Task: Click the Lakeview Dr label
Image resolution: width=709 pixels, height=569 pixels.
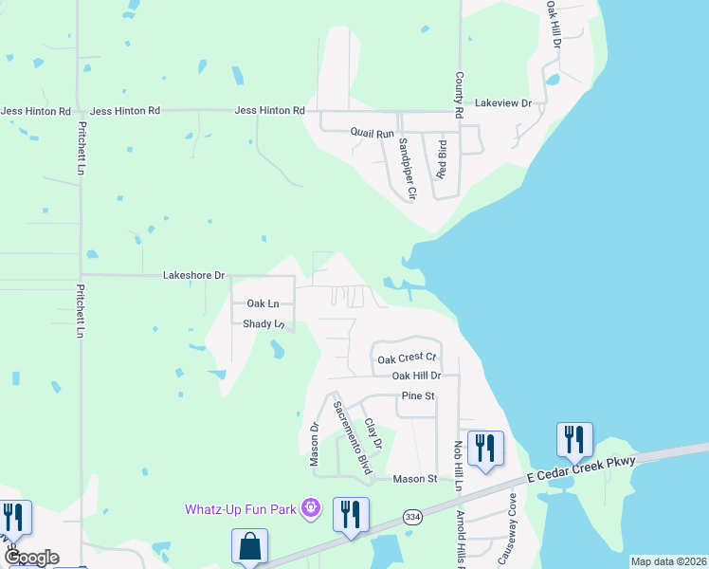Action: (503, 102)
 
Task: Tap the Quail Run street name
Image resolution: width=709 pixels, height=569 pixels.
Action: (372, 134)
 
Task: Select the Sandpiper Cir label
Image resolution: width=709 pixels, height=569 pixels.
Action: (407, 169)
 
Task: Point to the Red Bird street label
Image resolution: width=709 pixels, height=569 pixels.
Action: (441, 159)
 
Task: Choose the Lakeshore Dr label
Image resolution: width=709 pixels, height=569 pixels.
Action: (193, 276)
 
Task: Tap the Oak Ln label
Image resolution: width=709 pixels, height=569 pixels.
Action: (263, 303)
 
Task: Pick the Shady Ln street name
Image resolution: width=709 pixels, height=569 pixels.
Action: (264, 324)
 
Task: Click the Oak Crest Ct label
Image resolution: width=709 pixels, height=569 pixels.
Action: (406, 358)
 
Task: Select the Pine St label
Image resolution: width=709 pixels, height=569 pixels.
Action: (417, 395)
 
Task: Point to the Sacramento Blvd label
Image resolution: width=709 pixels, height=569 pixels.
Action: (352, 437)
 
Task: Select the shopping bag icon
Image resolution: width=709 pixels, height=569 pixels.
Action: (249, 547)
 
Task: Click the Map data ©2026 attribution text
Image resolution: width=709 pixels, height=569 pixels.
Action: (668, 561)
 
